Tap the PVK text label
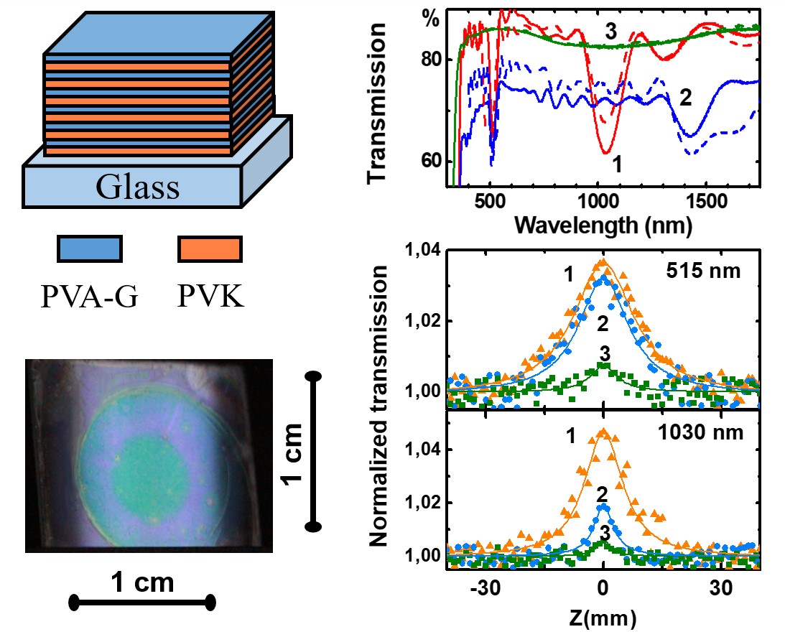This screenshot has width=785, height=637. point(209,294)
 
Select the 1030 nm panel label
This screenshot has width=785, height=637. point(707,433)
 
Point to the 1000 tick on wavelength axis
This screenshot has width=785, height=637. point(598,199)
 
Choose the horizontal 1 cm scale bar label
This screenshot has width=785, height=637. point(143,582)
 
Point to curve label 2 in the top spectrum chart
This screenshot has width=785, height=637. point(684,98)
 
